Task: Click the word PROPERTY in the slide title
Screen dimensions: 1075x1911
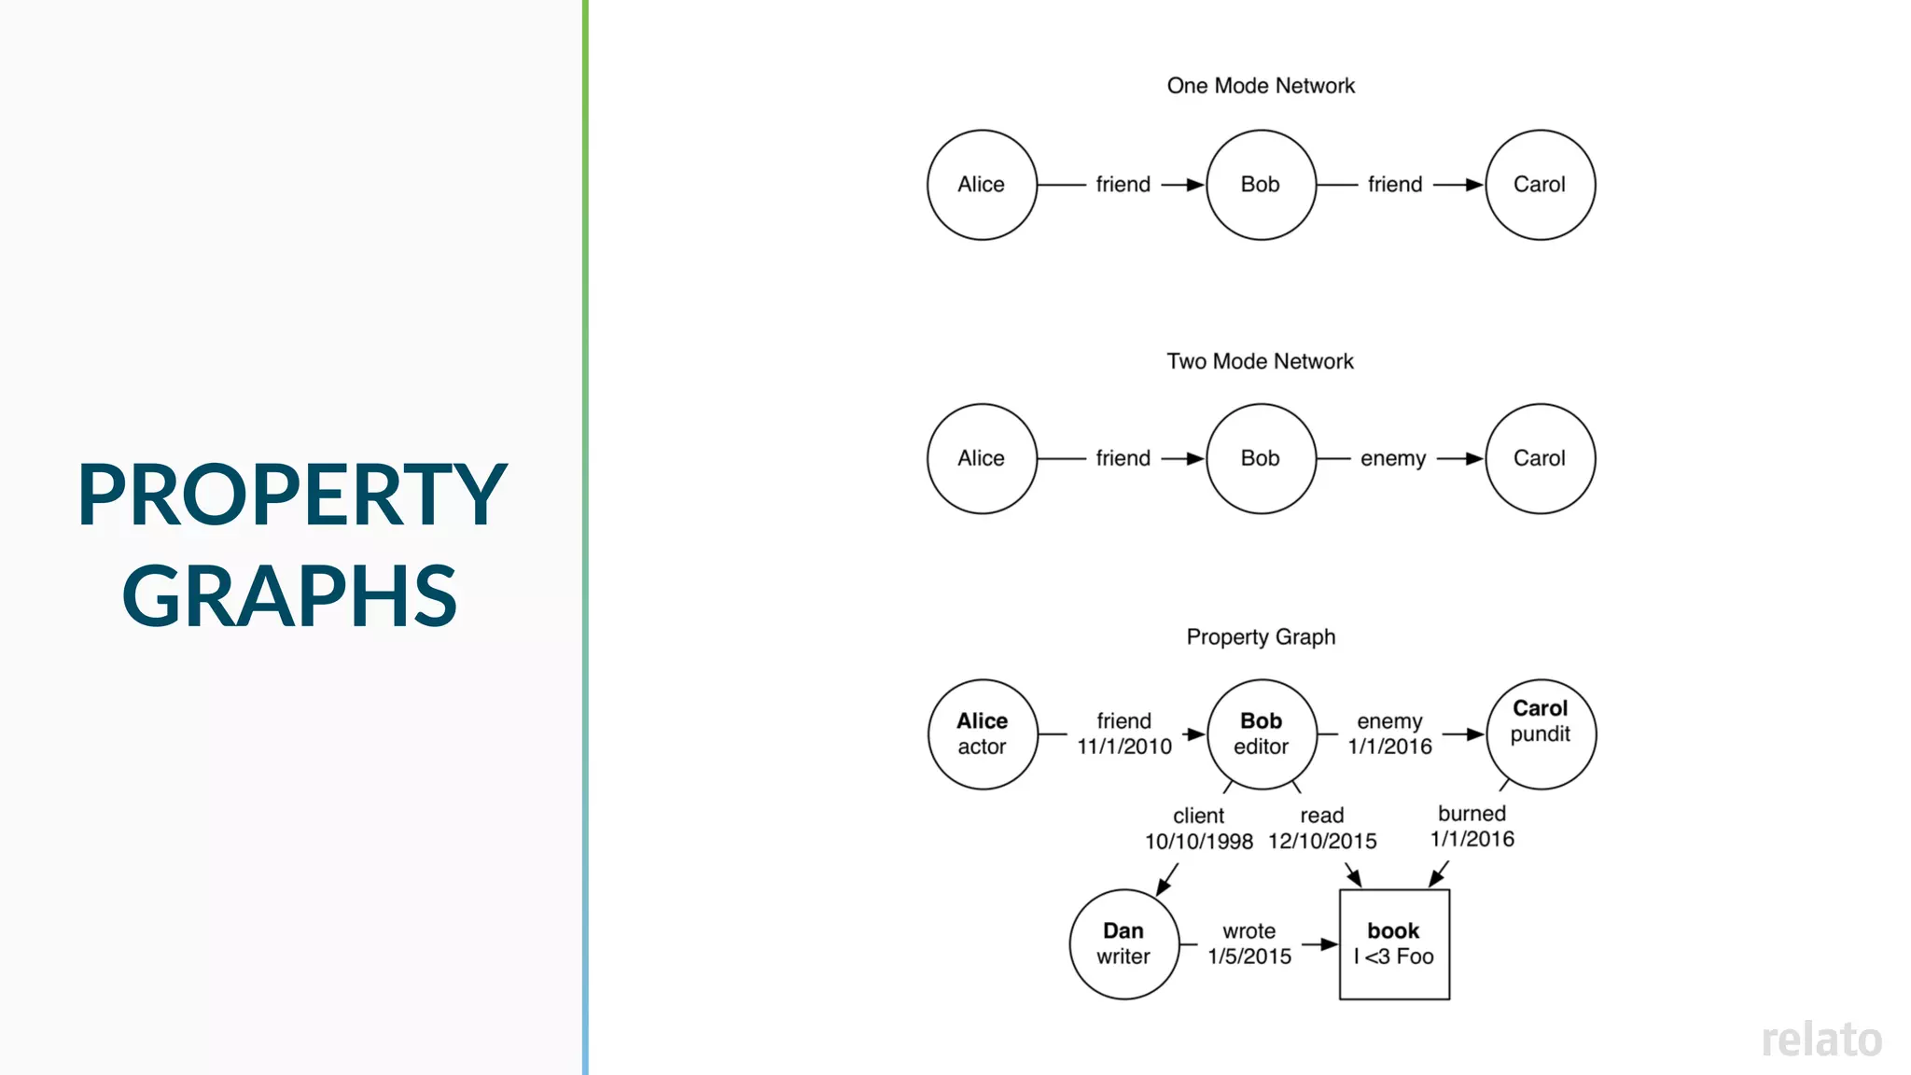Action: (292, 495)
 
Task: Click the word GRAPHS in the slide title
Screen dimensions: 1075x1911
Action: (289, 595)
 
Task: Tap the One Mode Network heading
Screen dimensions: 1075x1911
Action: (1261, 86)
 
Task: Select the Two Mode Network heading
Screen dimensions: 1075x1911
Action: (1260, 361)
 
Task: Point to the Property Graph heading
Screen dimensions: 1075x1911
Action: (1261, 636)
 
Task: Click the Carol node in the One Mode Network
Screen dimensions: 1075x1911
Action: (1540, 185)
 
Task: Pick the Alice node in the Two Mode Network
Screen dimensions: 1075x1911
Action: (982, 458)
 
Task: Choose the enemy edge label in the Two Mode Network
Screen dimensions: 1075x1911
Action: (1393, 458)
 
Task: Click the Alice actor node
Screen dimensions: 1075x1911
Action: (983, 734)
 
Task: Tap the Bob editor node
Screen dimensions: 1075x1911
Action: (1262, 734)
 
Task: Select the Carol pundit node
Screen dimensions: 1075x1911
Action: (1541, 733)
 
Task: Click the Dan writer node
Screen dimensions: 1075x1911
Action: (1124, 943)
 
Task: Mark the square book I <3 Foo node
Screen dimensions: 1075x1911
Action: (1394, 943)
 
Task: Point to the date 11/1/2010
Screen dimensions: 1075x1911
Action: (1124, 747)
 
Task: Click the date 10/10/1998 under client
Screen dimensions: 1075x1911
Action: (1199, 842)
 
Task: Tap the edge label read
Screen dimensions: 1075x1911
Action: (1322, 815)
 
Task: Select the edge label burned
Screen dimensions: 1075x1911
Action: (1472, 814)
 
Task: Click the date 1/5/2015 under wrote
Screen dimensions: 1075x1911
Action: (1249, 956)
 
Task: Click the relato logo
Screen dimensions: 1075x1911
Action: (1821, 1040)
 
